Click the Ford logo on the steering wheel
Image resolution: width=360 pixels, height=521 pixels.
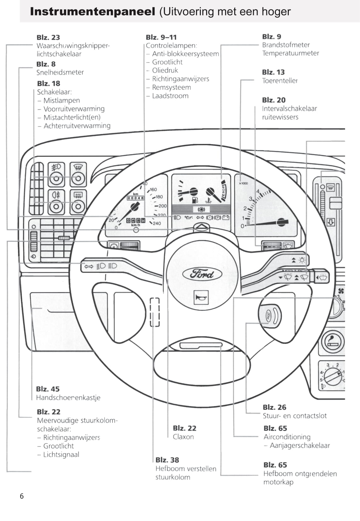coord(202,274)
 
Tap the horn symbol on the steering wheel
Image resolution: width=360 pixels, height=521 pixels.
coord(201,297)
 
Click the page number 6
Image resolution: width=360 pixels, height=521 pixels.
coord(22,496)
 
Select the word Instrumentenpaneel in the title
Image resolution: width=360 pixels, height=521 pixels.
coord(92,12)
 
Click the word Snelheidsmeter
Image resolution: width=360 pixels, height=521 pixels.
coord(60,72)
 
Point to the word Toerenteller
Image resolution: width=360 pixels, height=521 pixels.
coord(280,81)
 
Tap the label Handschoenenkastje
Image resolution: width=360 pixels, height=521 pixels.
coord(68,398)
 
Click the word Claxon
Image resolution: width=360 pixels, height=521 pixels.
coord(183,437)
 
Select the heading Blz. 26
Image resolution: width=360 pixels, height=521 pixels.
coord(274,407)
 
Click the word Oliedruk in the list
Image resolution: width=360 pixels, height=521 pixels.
coord(165,70)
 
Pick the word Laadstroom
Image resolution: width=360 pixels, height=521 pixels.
coord(170,96)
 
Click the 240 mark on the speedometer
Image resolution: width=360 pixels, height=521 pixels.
coord(157,223)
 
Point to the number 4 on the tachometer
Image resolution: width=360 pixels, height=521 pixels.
coord(258,191)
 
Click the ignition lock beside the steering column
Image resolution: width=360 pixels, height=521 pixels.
coord(270,315)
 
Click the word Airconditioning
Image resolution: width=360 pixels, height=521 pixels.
coord(287,437)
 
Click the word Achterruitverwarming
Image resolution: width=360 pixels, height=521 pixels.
coord(77,126)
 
